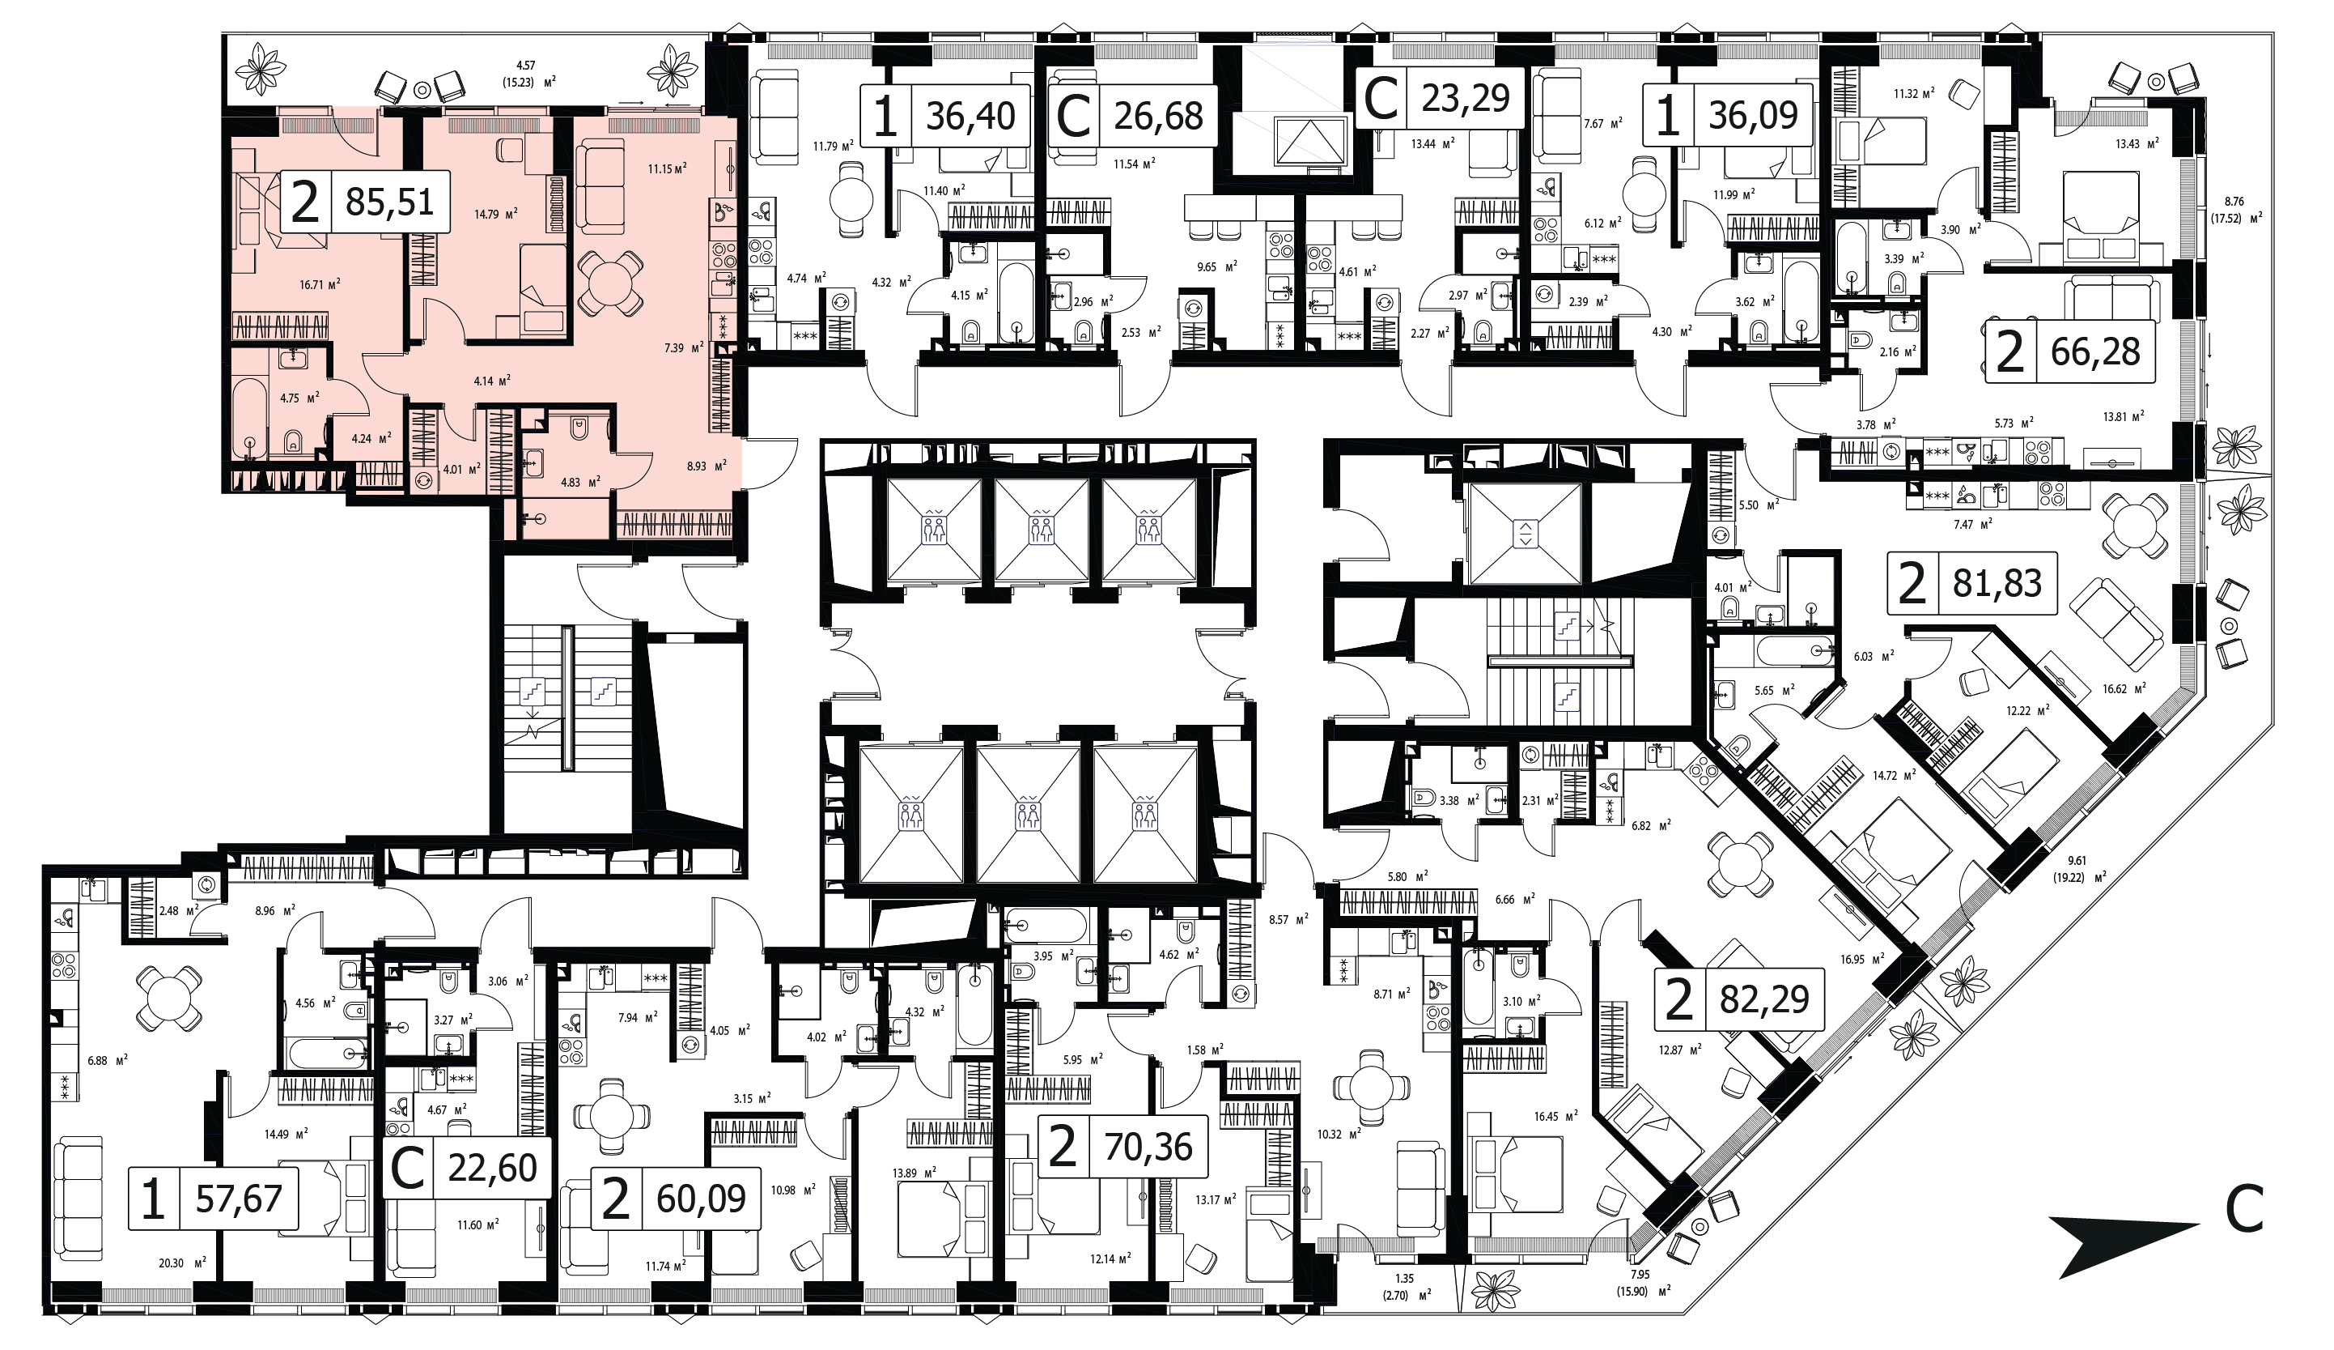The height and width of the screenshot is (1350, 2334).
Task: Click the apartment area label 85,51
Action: (389, 201)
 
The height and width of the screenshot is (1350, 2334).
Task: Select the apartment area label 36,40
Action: (970, 116)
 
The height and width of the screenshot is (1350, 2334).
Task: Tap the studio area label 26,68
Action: (1159, 116)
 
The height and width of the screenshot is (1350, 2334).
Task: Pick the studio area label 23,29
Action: (1466, 97)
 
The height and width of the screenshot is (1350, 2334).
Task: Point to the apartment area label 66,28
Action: (2096, 352)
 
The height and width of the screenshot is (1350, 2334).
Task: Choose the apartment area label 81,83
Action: (1997, 584)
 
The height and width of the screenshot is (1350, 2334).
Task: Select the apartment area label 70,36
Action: (1148, 1147)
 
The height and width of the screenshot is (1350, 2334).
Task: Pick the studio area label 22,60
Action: (493, 1168)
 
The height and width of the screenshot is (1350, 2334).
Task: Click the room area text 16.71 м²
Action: (320, 284)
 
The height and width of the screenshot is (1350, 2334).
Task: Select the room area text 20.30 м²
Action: (184, 1262)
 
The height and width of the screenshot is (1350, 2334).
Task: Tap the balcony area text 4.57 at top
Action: (525, 65)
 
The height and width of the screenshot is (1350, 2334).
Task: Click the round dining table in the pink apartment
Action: (609, 283)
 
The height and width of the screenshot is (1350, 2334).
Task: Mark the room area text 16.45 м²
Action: (1555, 1117)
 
